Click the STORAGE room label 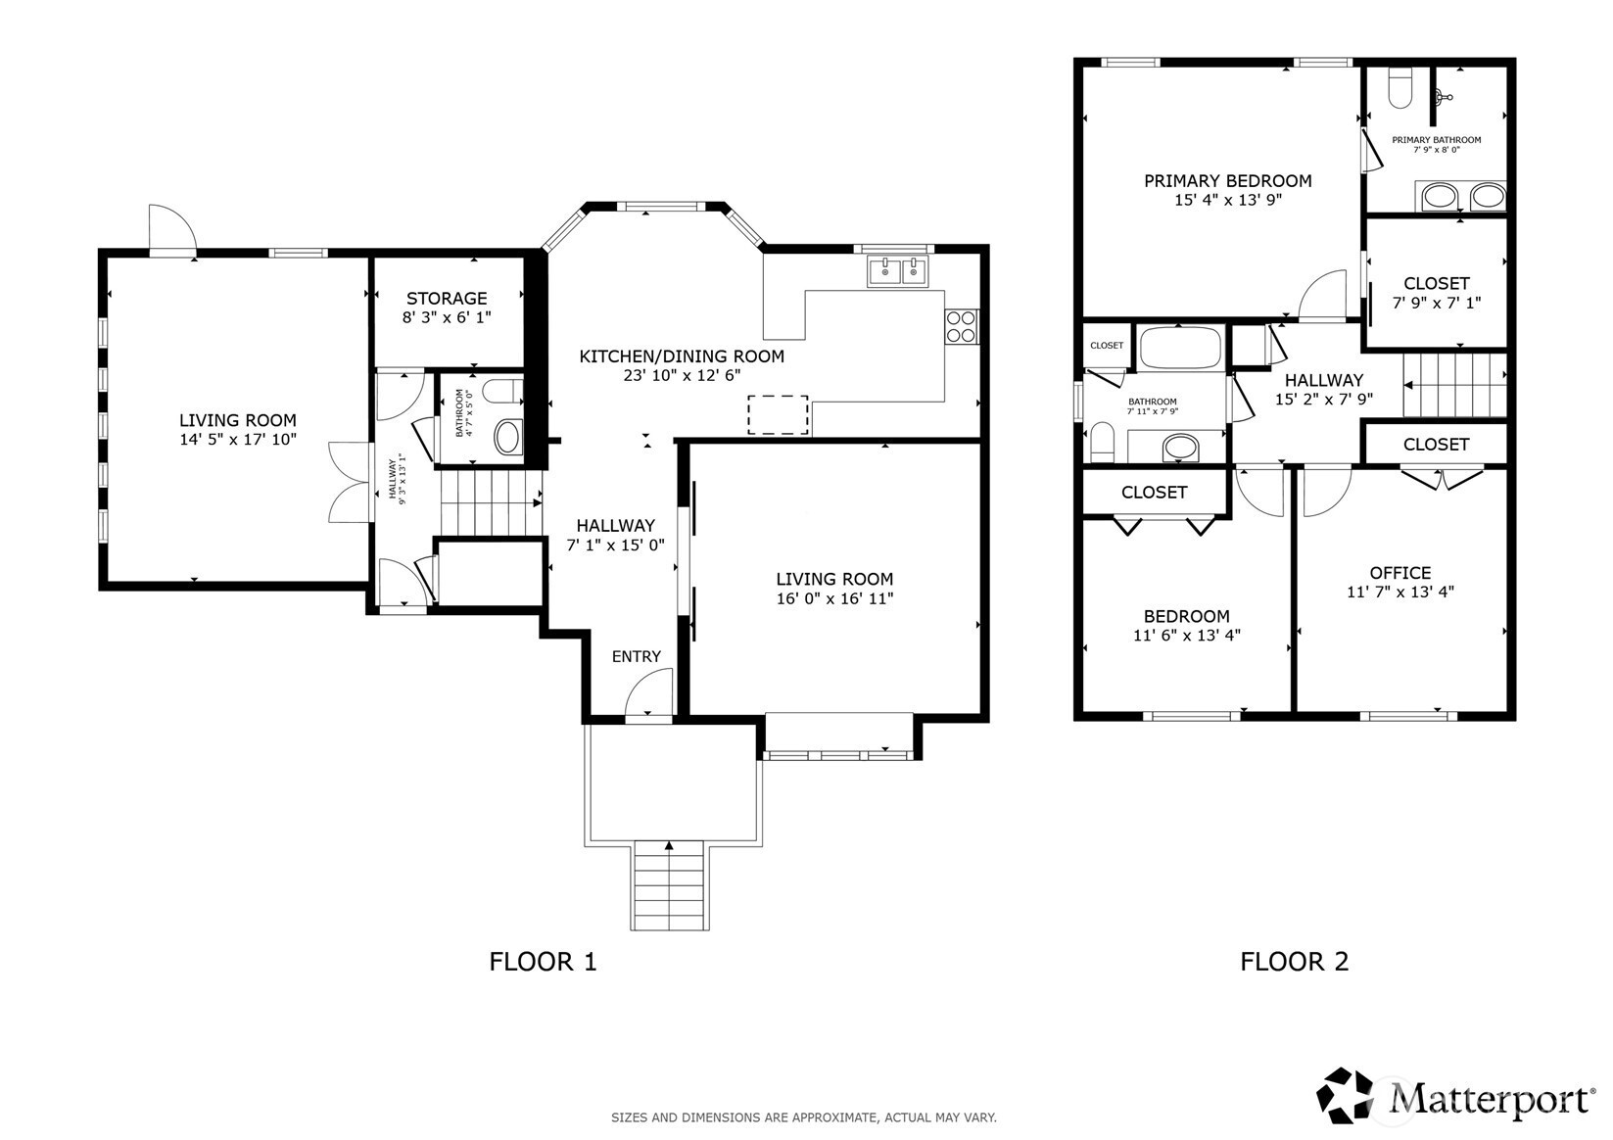[x=447, y=298]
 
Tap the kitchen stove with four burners [x=962, y=326]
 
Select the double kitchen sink [x=898, y=271]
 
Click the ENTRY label [x=636, y=656]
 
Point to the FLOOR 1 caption [x=543, y=962]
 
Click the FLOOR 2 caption [x=1294, y=962]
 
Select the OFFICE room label [x=1400, y=573]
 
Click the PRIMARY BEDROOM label [x=1228, y=181]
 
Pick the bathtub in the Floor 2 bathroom [x=1181, y=349]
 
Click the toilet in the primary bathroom [x=1400, y=88]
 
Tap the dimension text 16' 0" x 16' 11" [x=834, y=597]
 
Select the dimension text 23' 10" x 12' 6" [x=682, y=374]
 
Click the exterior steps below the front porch [x=670, y=885]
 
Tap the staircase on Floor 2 [x=1454, y=385]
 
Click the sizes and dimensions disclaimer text [x=804, y=1117]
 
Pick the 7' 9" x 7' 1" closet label [x=1437, y=293]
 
